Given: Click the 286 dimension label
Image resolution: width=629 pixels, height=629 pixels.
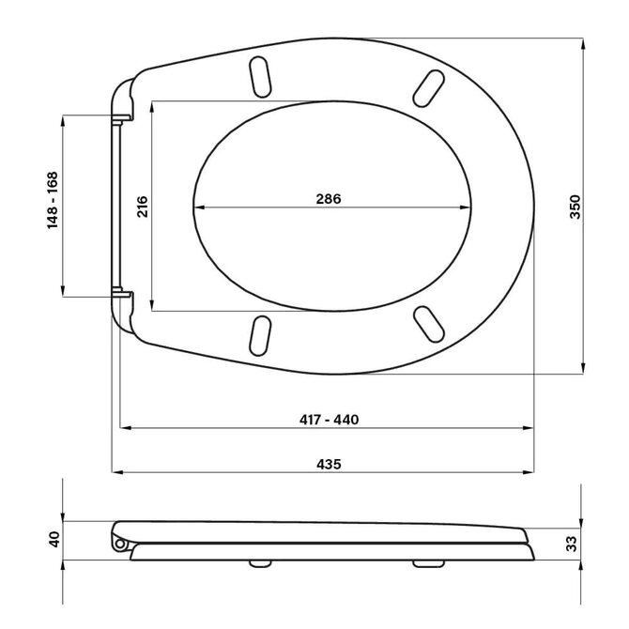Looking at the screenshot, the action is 329,199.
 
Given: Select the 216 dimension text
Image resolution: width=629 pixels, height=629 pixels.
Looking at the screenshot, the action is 143,207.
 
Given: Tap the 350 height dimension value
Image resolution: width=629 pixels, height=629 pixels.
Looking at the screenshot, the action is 575,207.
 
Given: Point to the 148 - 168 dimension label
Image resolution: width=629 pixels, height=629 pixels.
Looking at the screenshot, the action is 53,200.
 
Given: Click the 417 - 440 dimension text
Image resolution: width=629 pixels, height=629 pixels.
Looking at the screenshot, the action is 329,420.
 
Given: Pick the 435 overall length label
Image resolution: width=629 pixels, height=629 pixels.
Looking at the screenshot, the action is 329,464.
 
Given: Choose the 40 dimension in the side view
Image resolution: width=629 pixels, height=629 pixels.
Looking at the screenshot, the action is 54,539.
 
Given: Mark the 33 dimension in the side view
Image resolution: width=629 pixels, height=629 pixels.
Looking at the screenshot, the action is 572,544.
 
